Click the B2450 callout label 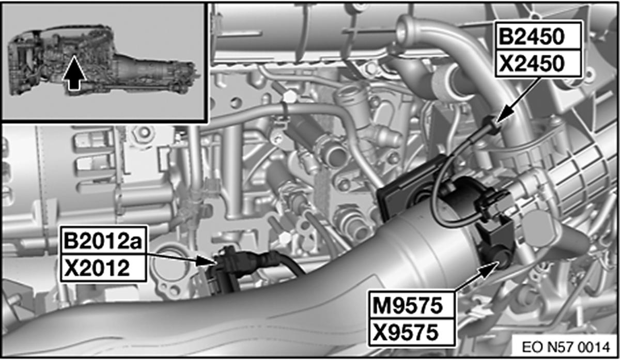pyautogui.click(x=532, y=37)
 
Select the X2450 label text pyautogui.click(x=532, y=64)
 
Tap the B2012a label pyautogui.click(x=103, y=241)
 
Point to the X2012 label pyautogui.click(x=97, y=268)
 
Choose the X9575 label pyautogui.click(x=406, y=332)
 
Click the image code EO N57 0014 pyautogui.click(x=566, y=348)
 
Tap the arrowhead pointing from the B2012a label pyautogui.click(x=205, y=261)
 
